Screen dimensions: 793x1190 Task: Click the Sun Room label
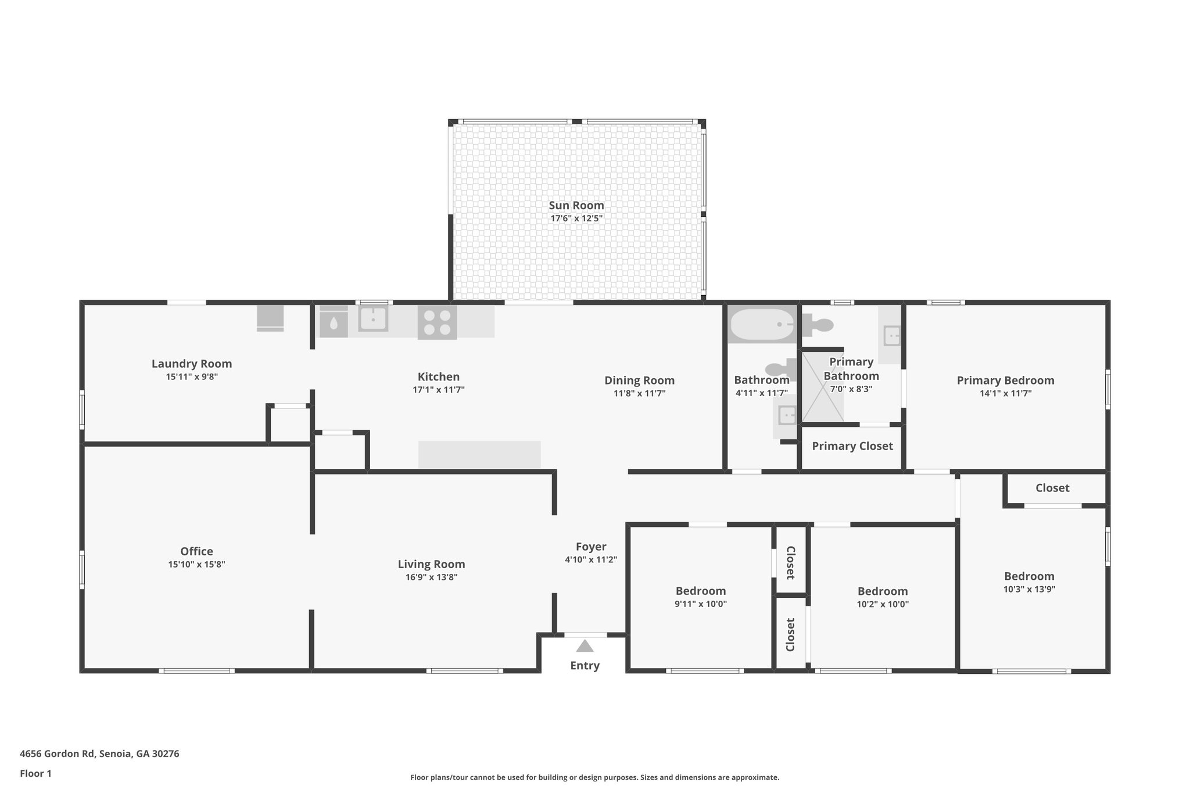point(576,206)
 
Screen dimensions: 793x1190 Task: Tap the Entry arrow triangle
point(585,646)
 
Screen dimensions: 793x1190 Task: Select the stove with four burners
point(437,322)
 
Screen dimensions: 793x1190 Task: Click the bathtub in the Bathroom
point(762,325)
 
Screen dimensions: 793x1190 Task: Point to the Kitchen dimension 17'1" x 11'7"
point(439,390)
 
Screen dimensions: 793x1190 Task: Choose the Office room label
point(196,551)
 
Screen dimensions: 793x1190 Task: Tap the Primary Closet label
point(852,446)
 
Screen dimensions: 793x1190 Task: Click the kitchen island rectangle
point(479,455)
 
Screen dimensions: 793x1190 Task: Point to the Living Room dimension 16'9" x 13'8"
point(431,577)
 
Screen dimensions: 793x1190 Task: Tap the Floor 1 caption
point(35,774)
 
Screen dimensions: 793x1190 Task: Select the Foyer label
point(591,547)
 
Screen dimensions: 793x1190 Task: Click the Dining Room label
point(639,381)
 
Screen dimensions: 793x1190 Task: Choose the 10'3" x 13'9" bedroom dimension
point(1029,589)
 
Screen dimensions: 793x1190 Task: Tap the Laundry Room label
point(192,364)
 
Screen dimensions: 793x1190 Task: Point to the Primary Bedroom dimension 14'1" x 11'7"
point(1005,393)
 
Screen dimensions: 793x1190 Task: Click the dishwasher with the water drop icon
point(334,322)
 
